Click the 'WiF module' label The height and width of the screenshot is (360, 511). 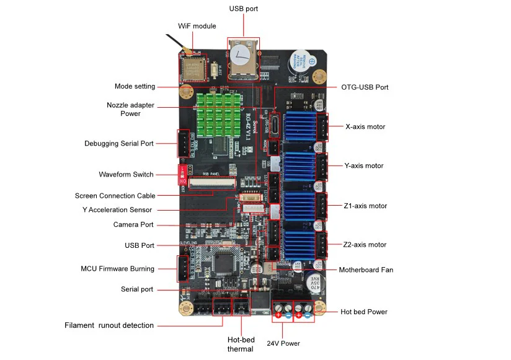pyautogui.click(x=197, y=26)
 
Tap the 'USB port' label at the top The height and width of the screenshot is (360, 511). pyautogui.click(x=243, y=9)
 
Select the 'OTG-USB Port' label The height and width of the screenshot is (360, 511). pyautogui.click(x=365, y=87)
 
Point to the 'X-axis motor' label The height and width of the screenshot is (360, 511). pyautogui.click(x=365, y=127)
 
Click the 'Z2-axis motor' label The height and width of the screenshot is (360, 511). pyautogui.click(x=365, y=245)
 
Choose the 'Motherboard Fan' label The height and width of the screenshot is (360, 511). pyautogui.click(x=366, y=270)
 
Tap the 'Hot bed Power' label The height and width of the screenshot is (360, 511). pyautogui.click(x=364, y=312)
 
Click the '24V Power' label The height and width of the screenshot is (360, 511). pyautogui.click(x=283, y=343)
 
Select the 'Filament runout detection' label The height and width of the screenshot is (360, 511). pyautogui.click(x=109, y=325)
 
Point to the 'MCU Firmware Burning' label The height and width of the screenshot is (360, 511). pyautogui.click(x=117, y=269)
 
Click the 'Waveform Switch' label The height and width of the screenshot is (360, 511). pyautogui.click(x=126, y=174)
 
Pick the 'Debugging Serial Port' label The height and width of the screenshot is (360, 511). pyautogui.click(x=119, y=144)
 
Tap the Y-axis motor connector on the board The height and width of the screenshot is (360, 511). pyautogui.click(x=322, y=165)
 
